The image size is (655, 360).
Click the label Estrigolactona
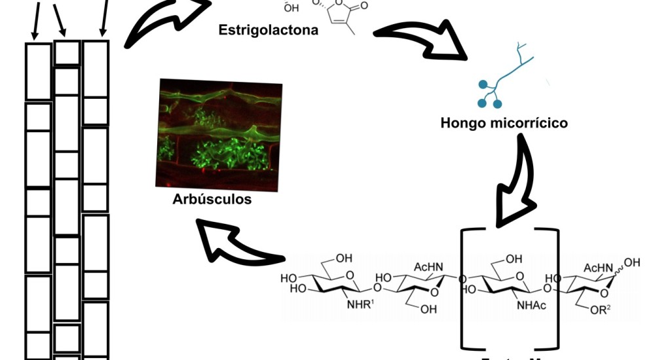point(269,29)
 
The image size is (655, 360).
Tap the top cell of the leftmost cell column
point(39,71)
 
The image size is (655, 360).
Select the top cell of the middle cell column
point(67,53)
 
